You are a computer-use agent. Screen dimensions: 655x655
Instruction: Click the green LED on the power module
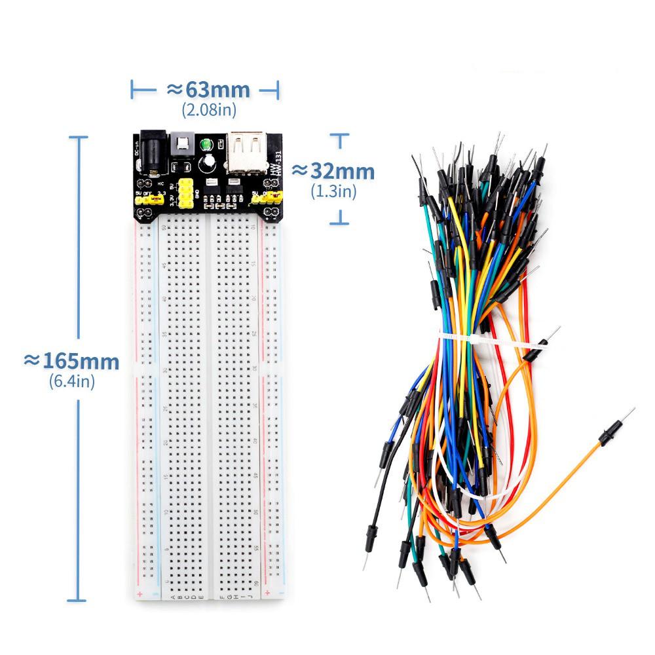pos(206,143)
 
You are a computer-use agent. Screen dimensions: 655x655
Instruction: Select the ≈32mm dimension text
pos(333,172)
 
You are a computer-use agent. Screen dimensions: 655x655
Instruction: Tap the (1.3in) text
pos(333,191)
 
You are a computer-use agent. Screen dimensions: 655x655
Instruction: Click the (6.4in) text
pos(72,381)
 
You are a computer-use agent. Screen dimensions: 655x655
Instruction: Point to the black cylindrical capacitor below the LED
pos(208,162)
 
